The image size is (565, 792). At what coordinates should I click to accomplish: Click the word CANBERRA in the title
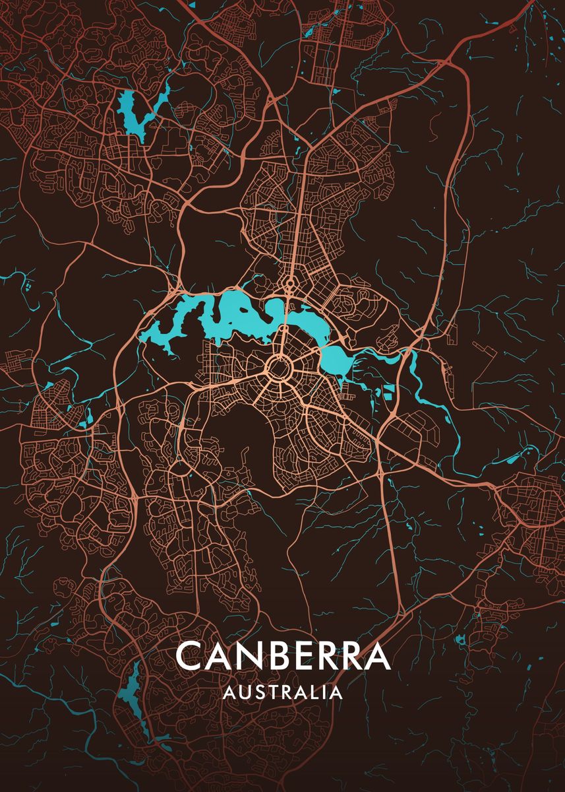point(283,655)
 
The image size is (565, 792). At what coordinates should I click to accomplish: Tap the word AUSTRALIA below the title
point(283,693)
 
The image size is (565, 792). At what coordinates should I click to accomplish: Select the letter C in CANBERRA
point(189,655)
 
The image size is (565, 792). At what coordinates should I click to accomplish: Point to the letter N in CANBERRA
point(250,655)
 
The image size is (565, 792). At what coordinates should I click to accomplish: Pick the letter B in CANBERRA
point(279,655)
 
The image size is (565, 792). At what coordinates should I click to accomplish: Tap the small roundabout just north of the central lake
point(290,284)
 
